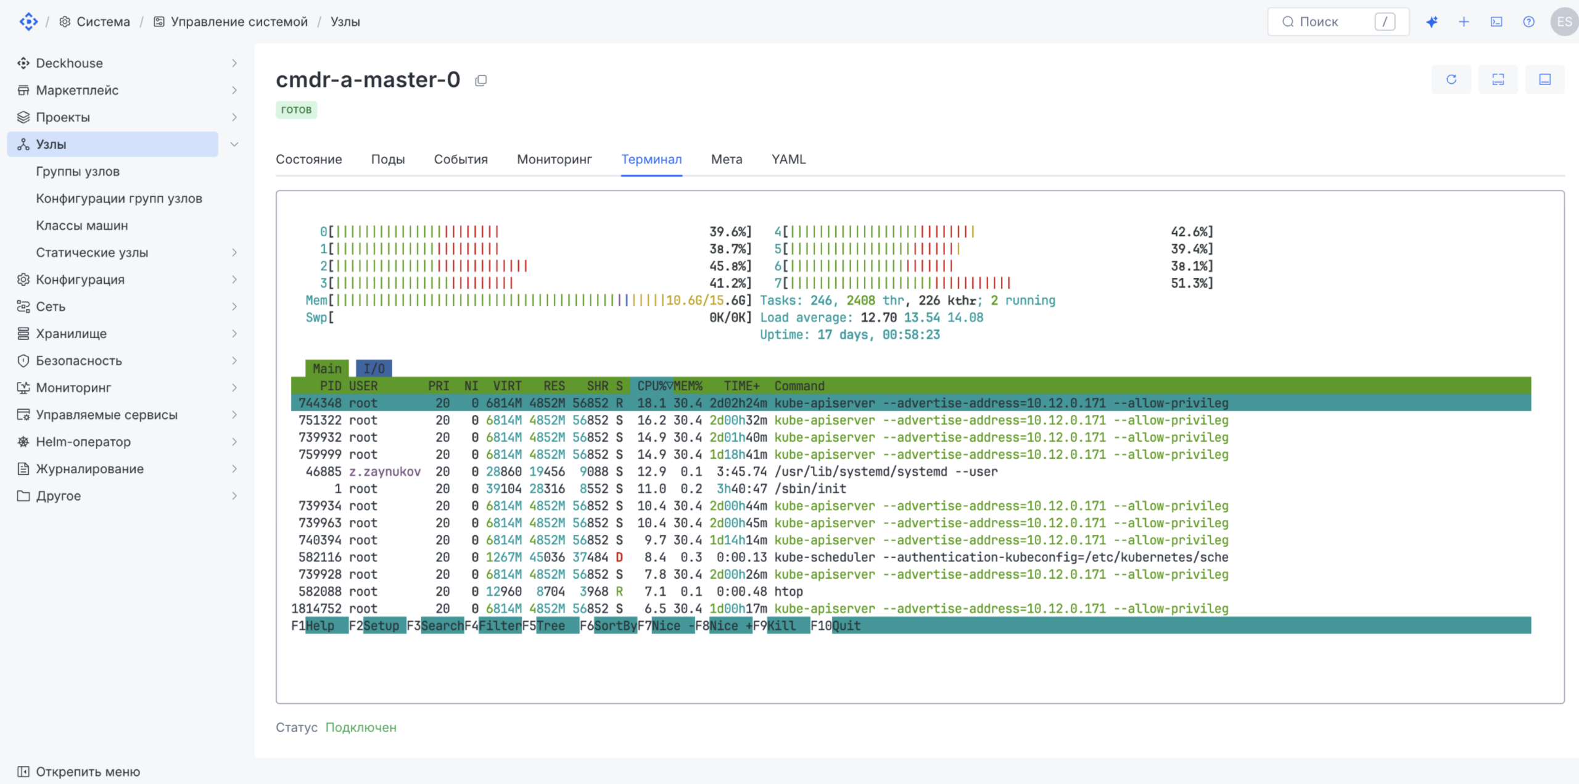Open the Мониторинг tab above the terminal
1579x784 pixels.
(554, 159)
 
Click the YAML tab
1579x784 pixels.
(788, 159)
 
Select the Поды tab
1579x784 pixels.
(388, 159)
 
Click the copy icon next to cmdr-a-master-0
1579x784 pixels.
(481, 80)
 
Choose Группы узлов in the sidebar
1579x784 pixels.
(78, 171)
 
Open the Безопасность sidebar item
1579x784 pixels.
(79, 361)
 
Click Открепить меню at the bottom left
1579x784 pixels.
(88, 772)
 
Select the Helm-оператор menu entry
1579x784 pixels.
(83, 442)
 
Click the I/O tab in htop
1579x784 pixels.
(374, 368)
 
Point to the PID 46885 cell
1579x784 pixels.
(323, 471)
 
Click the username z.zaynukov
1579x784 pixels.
(385, 471)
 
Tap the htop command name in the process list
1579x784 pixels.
(789, 592)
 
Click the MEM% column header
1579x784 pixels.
(688, 386)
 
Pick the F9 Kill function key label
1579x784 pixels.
(781, 625)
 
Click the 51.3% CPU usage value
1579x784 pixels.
(1192, 283)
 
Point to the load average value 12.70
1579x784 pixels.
(878, 318)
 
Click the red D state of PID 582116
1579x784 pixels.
(619, 557)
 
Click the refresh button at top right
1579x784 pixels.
(1451, 80)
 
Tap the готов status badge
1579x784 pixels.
(296, 110)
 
